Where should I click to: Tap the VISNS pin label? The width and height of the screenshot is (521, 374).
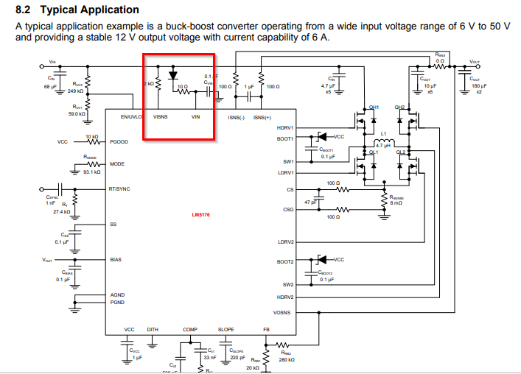[159, 116]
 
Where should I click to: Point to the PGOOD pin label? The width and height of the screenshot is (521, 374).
[119, 141]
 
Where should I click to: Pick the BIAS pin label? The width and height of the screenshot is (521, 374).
[116, 259]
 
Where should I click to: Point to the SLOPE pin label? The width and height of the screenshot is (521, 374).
[226, 329]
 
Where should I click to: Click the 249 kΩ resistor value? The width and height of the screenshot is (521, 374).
[75, 91]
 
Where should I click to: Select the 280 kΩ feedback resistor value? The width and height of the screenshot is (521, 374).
[287, 360]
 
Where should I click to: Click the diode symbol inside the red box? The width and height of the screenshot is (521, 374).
[173, 74]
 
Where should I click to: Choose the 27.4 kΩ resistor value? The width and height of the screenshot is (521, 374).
[60, 211]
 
